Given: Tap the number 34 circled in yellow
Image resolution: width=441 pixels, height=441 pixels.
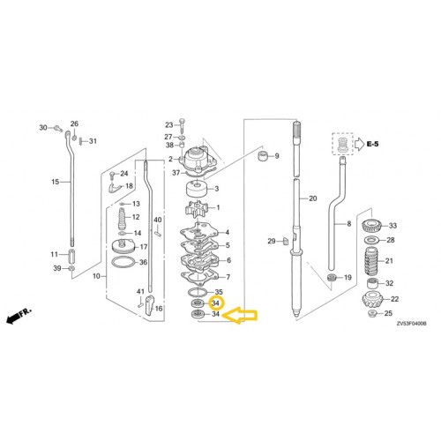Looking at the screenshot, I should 217,303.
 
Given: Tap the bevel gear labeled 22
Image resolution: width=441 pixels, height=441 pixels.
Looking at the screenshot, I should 368,301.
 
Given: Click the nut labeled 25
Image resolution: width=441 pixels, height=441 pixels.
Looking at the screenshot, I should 363,314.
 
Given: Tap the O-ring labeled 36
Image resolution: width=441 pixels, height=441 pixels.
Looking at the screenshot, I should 126,263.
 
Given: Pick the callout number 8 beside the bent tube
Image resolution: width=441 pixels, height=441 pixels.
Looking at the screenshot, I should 348,225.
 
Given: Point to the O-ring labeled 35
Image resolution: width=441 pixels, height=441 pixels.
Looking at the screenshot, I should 200,292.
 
